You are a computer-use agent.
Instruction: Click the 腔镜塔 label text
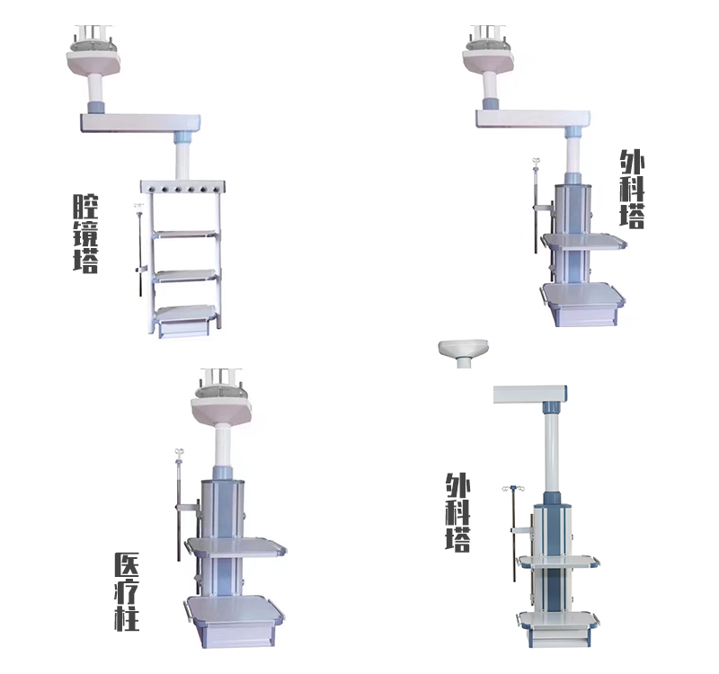pos(85,234)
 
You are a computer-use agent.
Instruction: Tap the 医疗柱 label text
pos(127,591)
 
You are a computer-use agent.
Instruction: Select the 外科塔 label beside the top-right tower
pos(632,189)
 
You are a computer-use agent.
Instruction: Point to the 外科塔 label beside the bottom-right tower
pos(457,512)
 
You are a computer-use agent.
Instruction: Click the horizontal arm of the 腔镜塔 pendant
pos(141,123)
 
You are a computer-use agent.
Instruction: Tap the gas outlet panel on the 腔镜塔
pos(183,187)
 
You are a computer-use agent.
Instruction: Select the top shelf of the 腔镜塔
pos(185,235)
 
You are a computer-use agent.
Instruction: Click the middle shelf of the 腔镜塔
pos(185,276)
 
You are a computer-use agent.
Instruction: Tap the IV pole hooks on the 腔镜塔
pos(138,206)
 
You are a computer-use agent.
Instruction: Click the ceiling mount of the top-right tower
pos(488,51)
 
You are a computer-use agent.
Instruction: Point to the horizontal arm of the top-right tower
pos(533,119)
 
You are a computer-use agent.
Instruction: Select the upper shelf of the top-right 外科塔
pos(583,241)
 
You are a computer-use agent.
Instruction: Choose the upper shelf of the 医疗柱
pos(235,547)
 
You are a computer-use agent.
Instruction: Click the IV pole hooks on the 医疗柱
pos(180,453)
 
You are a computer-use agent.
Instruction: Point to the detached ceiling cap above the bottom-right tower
pos(464,351)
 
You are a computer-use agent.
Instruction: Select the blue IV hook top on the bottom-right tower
pos(513,488)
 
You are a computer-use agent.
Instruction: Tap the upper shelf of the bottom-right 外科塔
pos(557,561)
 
